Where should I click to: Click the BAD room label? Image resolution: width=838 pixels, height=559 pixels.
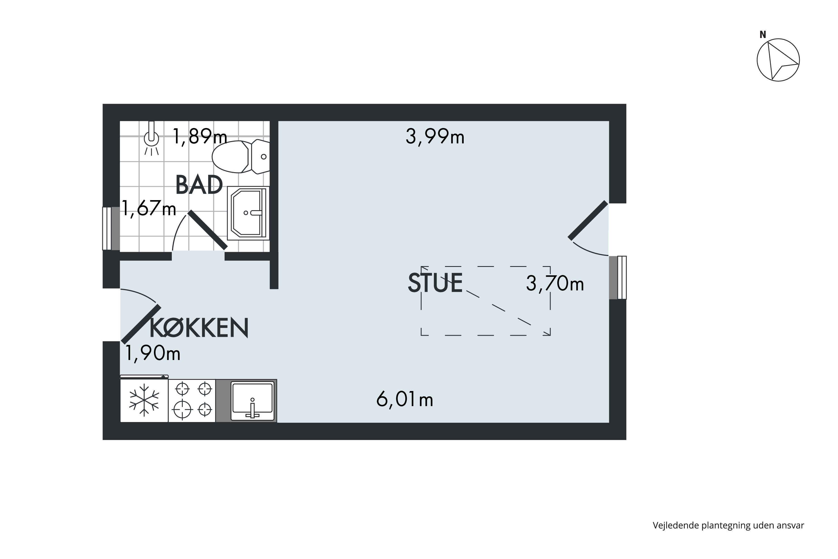[x=199, y=185]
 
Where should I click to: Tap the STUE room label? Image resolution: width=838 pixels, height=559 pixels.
[x=435, y=283]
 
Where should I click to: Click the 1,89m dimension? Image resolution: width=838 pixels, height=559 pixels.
[x=200, y=137]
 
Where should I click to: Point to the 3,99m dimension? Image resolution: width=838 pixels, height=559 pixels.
[x=435, y=137]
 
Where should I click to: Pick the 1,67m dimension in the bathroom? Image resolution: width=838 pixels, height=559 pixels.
[x=149, y=208]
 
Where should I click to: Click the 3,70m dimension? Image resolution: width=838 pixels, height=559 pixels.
[x=555, y=284]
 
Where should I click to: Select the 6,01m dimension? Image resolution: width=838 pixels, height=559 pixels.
[x=404, y=399]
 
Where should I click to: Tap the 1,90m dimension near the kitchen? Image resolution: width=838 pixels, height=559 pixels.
[x=153, y=353]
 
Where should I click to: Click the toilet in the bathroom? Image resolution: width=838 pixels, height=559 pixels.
[x=241, y=157]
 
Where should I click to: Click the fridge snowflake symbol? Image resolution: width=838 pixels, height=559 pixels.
[x=144, y=400]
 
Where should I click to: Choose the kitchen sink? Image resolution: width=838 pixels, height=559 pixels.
[x=253, y=401]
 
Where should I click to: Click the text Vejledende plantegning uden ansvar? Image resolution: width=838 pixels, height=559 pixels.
[x=728, y=525]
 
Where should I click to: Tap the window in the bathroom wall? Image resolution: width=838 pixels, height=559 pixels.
[x=111, y=229]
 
